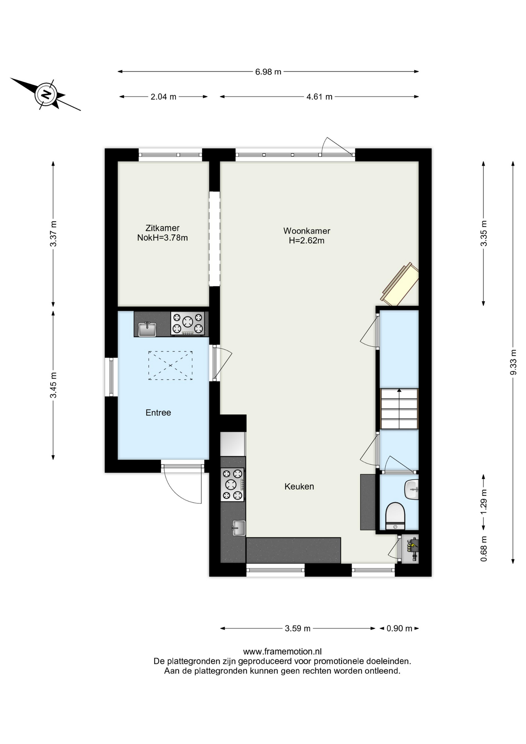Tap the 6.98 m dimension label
[268, 72]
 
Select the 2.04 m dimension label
[163, 97]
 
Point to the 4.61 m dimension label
[320, 97]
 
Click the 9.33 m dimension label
[514, 362]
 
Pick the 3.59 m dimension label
[297, 629]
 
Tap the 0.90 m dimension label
[399, 629]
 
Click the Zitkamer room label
[162, 228]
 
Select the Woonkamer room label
[307, 231]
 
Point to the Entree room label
[158, 413]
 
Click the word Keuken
[299, 486]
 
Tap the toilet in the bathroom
[395, 516]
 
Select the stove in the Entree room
[188, 324]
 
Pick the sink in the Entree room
[147, 329]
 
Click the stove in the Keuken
[232, 484]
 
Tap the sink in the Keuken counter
[239, 528]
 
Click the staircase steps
[399, 409]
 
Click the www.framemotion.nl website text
[282, 652]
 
